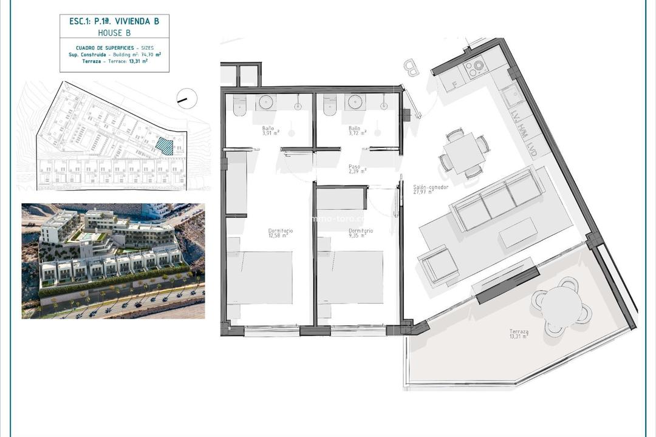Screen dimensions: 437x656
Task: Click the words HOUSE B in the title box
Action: coord(115,33)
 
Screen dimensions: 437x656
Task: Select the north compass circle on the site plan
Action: coord(186,97)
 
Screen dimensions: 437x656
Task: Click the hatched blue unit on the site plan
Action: coord(164,146)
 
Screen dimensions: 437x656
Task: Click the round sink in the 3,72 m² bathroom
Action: coord(354,102)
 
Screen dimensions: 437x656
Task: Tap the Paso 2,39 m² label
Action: coord(357,169)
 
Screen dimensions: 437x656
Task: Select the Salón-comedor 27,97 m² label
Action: coord(431,189)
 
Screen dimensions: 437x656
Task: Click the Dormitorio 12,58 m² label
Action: coord(281,233)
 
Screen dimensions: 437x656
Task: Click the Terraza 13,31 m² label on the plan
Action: coord(519,334)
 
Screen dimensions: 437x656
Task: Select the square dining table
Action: coord(464,152)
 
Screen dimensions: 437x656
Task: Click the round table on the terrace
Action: coord(561,306)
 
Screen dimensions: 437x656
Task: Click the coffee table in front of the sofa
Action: coord(518,232)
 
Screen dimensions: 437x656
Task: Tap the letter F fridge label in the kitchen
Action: coord(453,85)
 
